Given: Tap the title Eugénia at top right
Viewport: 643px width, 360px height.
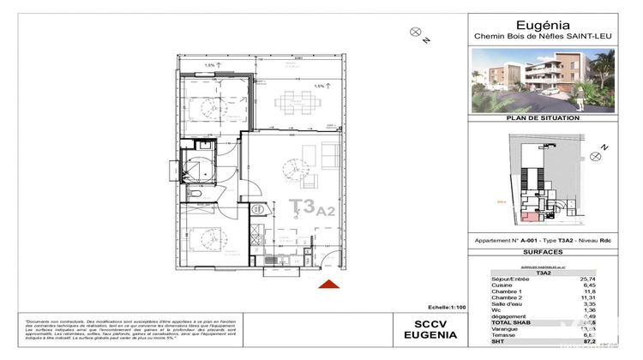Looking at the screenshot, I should pos(553,25).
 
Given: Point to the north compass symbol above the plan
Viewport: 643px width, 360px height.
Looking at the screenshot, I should pos(416,33).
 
